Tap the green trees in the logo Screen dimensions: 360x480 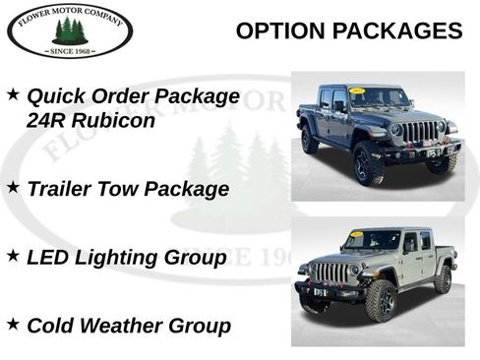click(69, 30)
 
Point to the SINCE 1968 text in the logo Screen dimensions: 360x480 click(69, 49)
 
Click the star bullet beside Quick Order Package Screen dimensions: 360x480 click(13, 94)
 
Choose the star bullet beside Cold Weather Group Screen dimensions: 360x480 click(13, 322)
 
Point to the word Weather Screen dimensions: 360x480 click(122, 325)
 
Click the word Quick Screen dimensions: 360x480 click(55, 96)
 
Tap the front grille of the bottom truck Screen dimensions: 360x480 click(330, 272)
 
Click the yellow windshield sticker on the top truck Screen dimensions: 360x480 click(357, 91)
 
